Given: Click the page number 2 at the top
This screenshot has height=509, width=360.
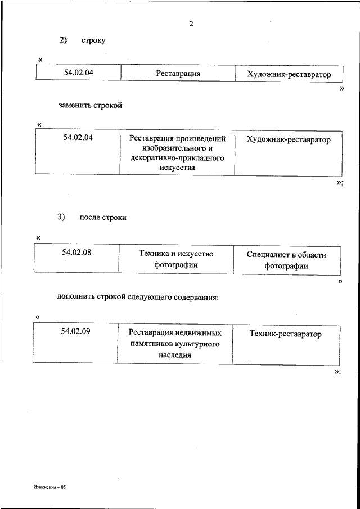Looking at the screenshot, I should coord(191,24).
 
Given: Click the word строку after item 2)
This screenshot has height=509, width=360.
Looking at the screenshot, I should coord(93,40).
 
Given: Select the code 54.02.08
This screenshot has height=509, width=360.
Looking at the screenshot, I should coord(77,253).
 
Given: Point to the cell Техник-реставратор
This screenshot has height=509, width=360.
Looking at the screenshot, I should coord(286,334).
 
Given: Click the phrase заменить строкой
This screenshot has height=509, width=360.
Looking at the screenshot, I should coord(90,105).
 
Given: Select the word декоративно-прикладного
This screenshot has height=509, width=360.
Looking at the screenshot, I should coord(177,158).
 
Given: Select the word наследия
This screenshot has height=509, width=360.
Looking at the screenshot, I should coord(176,354).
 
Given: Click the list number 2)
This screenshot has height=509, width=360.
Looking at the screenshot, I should coord(63,40).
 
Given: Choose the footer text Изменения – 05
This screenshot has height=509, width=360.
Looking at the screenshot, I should coord(49,487).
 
